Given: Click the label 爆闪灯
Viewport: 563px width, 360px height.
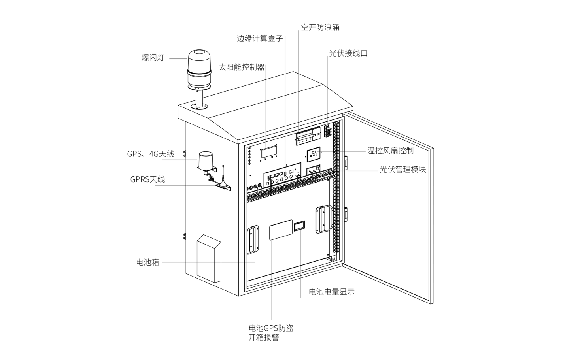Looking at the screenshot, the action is [x=153, y=58].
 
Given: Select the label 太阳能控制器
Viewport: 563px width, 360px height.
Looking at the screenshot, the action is [x=242, y=67].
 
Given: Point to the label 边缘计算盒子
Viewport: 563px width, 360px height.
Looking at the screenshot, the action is [x=260, y=38].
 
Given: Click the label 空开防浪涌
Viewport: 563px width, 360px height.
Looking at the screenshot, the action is [x=320, y=27].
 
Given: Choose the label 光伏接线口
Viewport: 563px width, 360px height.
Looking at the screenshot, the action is [x=348, y=53].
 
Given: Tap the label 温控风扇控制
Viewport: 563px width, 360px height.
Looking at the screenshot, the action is [x=390, y=151].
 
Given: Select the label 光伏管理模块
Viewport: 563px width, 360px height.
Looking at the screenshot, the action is [x=402, y=169].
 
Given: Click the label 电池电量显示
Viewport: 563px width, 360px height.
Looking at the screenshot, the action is [x=332, y=292].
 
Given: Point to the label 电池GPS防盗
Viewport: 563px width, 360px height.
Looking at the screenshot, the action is [x=271, y=328].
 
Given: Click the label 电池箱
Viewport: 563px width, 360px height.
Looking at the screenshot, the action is [x=147, y=262].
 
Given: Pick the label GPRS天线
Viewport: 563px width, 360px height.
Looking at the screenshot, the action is [x=147, y=179].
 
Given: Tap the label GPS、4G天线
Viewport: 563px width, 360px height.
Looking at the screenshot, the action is [x=151, y=154].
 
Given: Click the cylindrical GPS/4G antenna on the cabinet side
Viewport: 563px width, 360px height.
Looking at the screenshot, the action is [x=205, y=161].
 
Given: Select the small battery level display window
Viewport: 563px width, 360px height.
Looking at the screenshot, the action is [x=299, y=226].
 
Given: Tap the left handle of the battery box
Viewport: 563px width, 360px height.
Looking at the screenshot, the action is [x=253, y=239].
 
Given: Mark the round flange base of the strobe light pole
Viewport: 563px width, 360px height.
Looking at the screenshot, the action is [x=199, y=107].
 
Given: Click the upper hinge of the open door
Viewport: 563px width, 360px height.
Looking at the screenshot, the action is [x=346, y=162].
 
